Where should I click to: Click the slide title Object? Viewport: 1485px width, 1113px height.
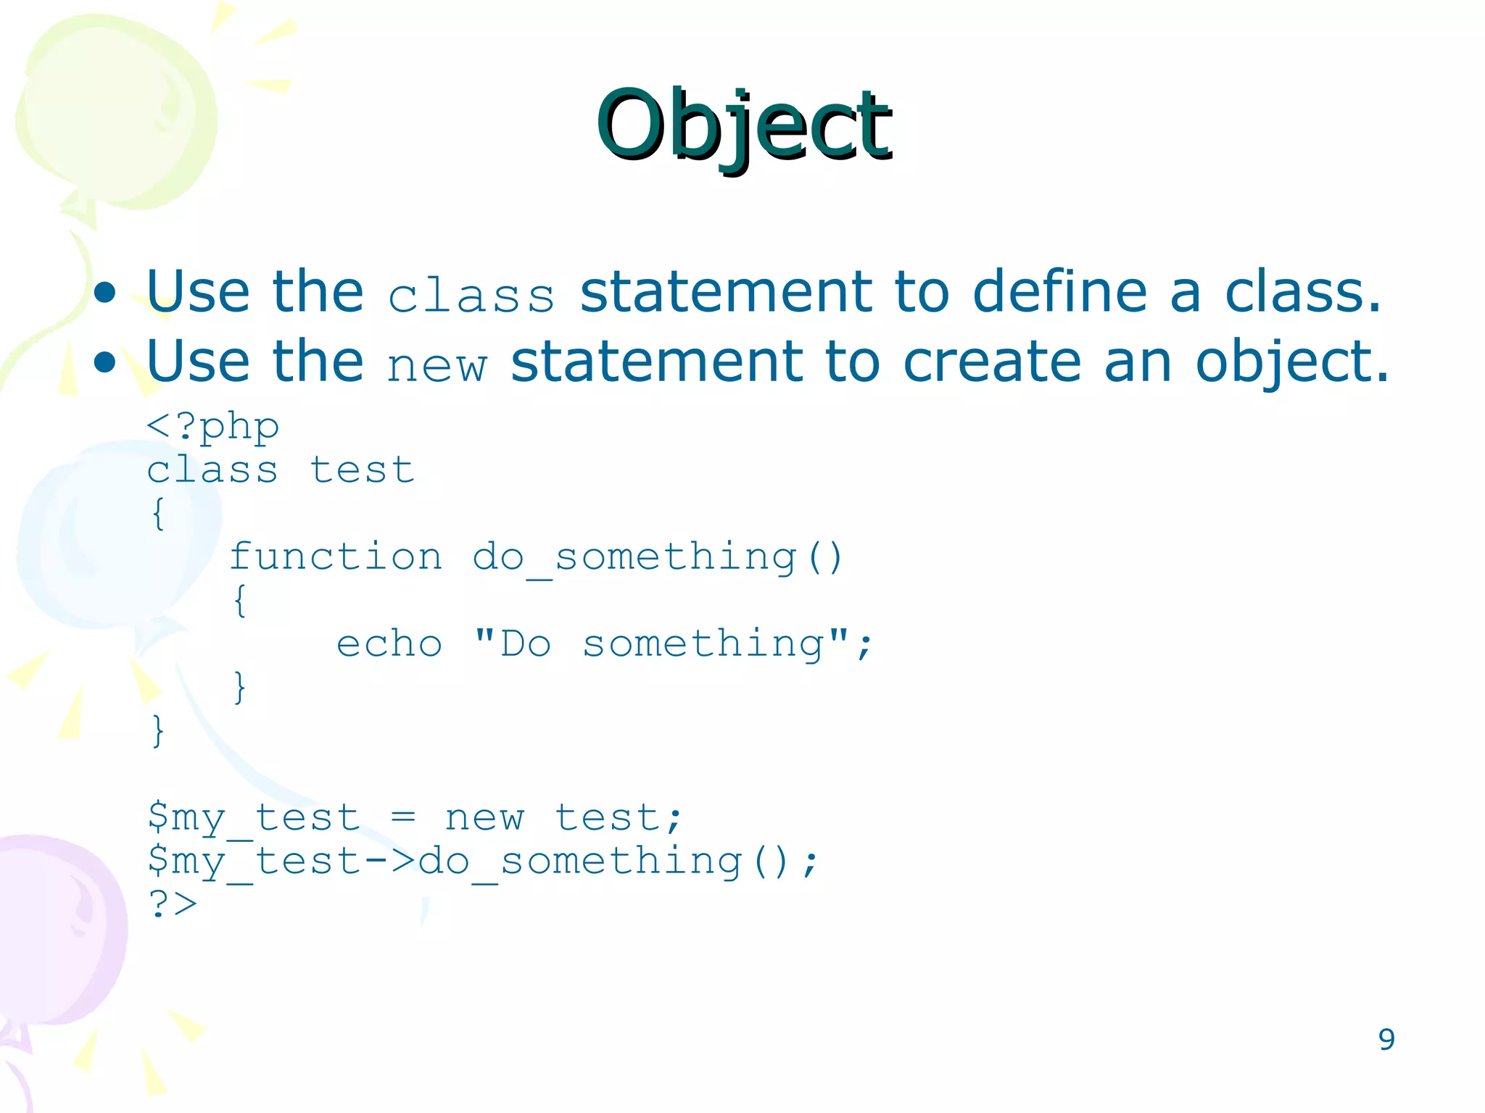743,125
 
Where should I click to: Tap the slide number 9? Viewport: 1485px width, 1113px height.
1386,1040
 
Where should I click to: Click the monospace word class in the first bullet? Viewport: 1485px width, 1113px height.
471,296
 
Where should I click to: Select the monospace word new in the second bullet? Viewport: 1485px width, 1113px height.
437,364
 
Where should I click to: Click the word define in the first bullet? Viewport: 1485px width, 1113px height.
1059,291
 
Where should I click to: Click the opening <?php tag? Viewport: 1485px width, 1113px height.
212,426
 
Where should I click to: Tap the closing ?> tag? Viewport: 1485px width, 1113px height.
173,904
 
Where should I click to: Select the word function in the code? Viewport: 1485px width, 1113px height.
336,556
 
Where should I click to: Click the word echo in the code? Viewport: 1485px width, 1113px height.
389,643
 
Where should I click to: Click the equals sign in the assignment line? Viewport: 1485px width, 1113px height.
403,817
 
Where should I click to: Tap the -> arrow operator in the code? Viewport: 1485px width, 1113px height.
389,861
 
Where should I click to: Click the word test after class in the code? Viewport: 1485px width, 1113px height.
363,470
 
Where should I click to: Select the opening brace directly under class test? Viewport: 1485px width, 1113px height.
158,513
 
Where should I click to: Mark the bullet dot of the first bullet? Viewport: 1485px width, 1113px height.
105,293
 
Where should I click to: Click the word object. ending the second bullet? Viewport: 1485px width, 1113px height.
1291,362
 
